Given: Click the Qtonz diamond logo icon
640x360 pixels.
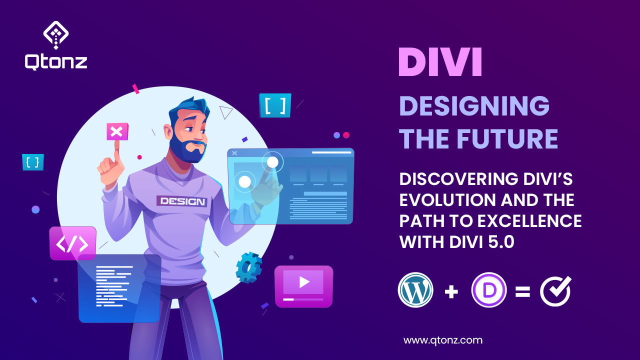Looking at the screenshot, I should click(55, 34).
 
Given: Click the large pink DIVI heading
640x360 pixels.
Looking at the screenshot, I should click(440, 62).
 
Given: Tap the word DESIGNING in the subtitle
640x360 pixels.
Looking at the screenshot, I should click(474, 106).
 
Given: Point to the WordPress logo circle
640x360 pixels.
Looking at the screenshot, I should click(415, 290).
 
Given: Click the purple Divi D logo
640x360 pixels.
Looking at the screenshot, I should click(489, 290).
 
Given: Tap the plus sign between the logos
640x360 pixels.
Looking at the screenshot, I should click(451, 291).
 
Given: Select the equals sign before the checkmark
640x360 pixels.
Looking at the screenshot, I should click(522, 291).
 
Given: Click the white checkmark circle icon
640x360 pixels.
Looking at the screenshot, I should click(555, 290).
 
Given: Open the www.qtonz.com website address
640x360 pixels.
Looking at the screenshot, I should click(442, 340).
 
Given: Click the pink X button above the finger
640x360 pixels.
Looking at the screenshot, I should click(116, 132).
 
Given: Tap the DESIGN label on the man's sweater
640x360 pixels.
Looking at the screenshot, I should click(182, 201).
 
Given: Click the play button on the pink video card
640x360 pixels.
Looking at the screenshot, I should click(303, 282).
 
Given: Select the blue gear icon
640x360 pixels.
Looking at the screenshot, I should click(248, 268).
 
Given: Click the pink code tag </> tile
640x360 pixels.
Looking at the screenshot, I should click(72, 243).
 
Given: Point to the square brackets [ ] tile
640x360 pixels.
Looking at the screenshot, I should click(275, 105).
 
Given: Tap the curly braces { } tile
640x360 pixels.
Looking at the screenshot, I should click(33, 162).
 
